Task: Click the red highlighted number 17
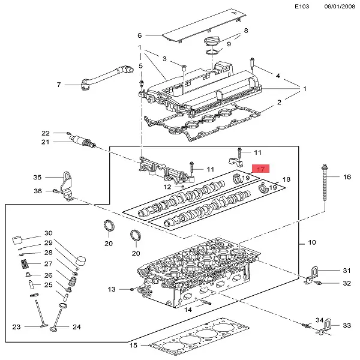tap(261, 169)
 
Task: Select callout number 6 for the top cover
tap(139, 35)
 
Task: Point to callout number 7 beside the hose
tap(59, 85)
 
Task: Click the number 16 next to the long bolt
tap(346, 177)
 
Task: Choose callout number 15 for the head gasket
tap(134, 345)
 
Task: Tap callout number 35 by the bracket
tap(37, 178)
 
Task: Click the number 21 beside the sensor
tap(44, 142)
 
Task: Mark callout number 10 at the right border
tap(311, 242)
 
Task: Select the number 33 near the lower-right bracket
tap(346, 325)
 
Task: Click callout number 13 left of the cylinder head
tap(111, 290)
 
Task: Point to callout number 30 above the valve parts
tap(49, 233)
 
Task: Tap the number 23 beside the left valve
tap(17, 327)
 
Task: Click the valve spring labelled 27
tap(23, 263)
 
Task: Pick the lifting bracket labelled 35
tap(68, 184)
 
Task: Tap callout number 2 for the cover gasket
tap(278, 103)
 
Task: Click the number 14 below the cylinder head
tap(188, 310)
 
